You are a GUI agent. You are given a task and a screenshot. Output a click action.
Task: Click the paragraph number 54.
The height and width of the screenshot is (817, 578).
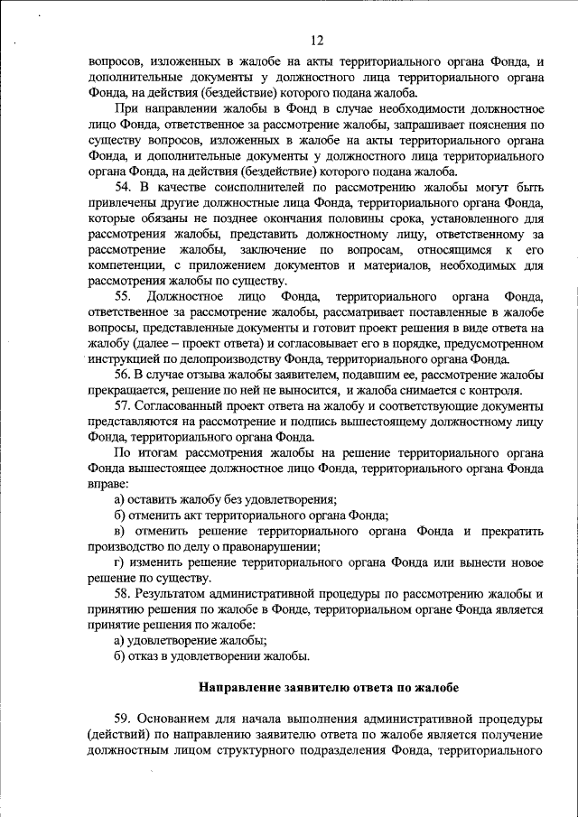(126, 188)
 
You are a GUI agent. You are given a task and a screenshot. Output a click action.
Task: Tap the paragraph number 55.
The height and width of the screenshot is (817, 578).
(126, 297)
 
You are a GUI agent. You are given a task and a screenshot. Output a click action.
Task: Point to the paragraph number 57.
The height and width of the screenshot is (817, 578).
(126, 406)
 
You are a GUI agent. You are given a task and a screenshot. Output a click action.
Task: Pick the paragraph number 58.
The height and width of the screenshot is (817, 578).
(126, 594)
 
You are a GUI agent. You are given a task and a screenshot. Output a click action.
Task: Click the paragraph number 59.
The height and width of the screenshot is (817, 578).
(126, 719)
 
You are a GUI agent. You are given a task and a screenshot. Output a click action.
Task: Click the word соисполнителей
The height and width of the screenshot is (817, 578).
(266, 188)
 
